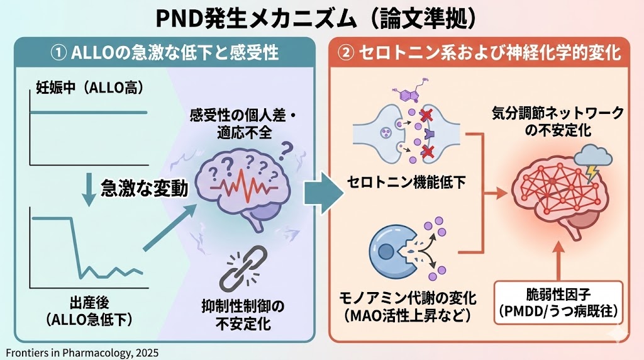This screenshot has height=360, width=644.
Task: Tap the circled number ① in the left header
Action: click(58, 53)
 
